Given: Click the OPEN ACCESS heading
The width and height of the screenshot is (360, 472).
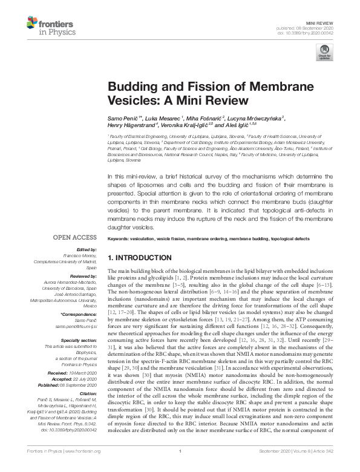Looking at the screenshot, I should point(76,238).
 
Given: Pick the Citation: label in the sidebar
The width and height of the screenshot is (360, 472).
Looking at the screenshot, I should point(86,393).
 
